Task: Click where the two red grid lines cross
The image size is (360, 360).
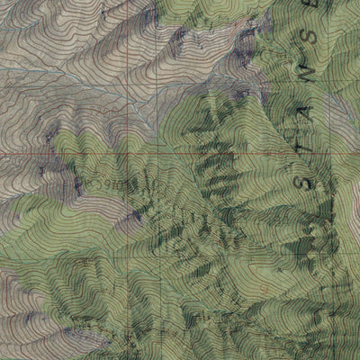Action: [166, 153]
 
